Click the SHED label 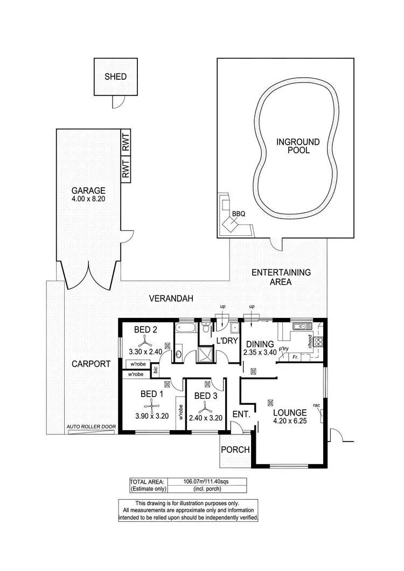point(115,77)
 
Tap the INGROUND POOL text point(298,146)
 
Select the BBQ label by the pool point(239,214)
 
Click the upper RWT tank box point(126,141)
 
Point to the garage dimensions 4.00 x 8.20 point(88,199)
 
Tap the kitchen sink point(299,326)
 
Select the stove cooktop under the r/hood point(318,341)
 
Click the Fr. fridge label point(295,357)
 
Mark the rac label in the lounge point(317,405)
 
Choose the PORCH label point(235,450)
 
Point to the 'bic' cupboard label point(155,370)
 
